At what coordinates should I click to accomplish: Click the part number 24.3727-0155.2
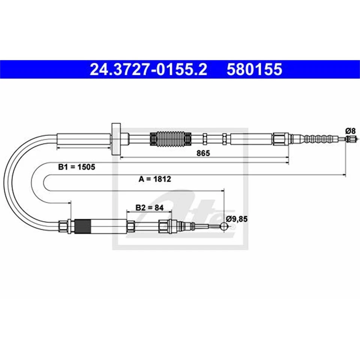[x=148, y=70]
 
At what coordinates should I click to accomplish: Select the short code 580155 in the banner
[x=254, y=70]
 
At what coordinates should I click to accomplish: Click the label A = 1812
[x=154, y=179]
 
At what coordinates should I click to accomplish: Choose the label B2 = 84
[x=147, y=207]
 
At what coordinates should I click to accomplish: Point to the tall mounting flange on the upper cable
[x=116, y=139]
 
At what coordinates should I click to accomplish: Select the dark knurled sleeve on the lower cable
[x=83, y=226]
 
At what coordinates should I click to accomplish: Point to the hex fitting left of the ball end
[x=164, y=226]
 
